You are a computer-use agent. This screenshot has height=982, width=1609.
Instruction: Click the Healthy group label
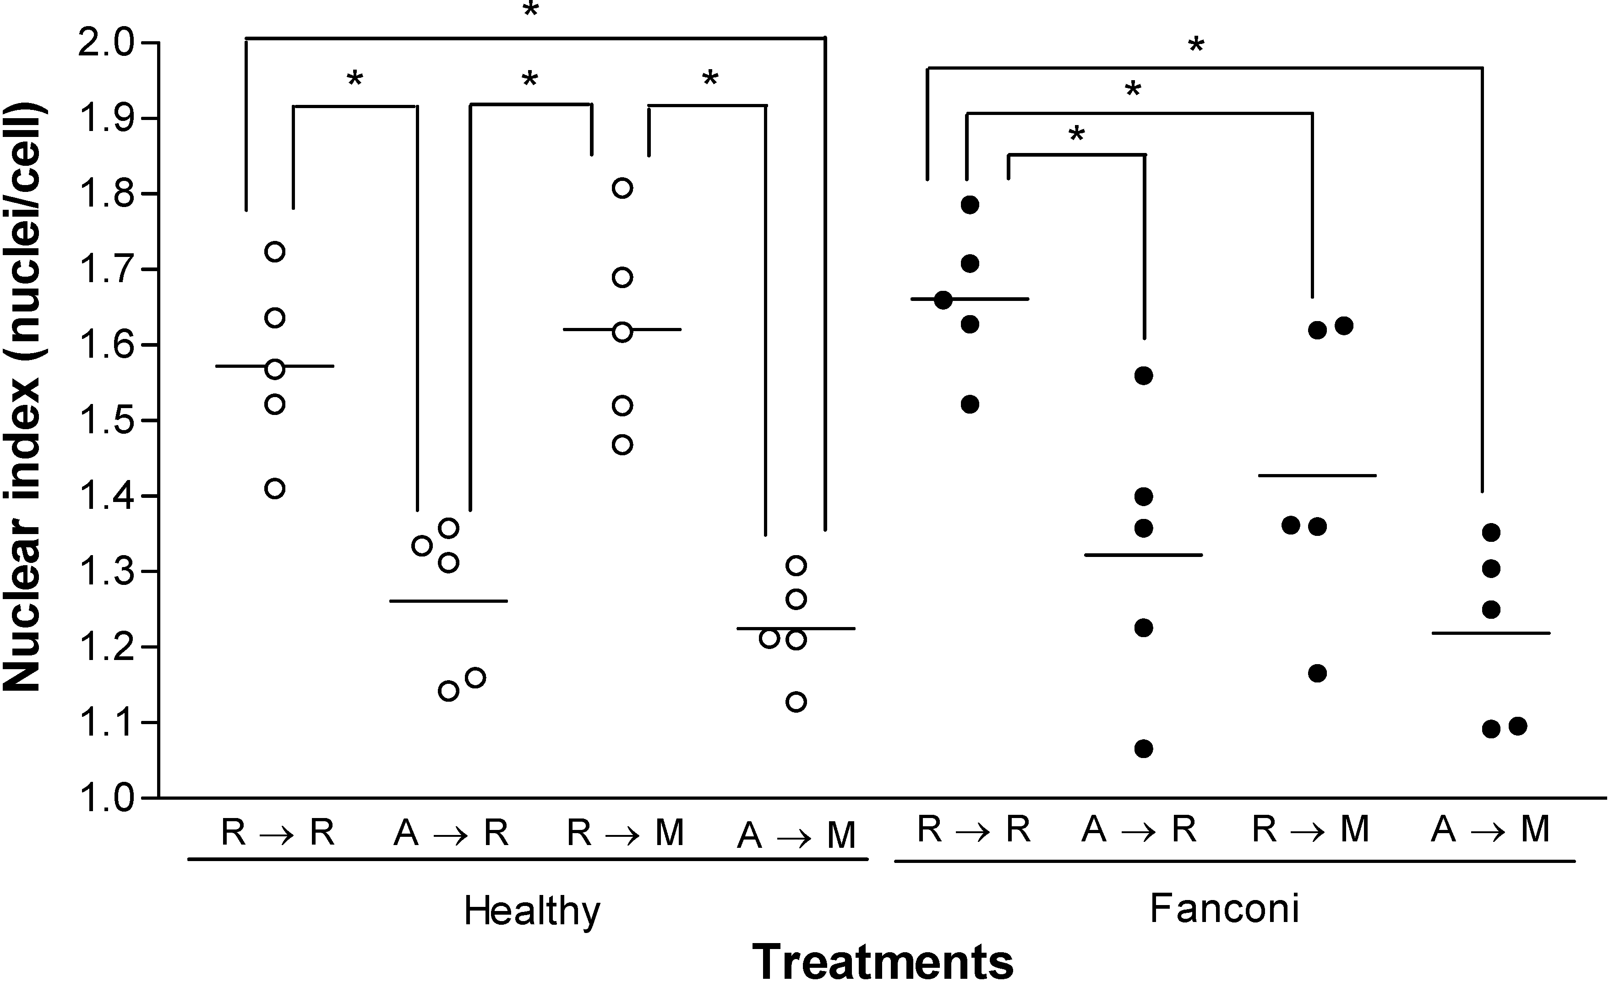[532, 911]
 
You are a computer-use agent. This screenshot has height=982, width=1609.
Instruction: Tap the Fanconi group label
[1224, 907]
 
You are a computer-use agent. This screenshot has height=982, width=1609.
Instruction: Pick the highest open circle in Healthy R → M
[622, 188]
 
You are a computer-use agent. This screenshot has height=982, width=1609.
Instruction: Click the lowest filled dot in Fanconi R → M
[1317, 673]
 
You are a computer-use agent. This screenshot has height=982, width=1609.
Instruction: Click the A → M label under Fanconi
[1491, 830]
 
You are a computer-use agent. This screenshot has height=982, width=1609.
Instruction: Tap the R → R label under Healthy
[278, 833]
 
